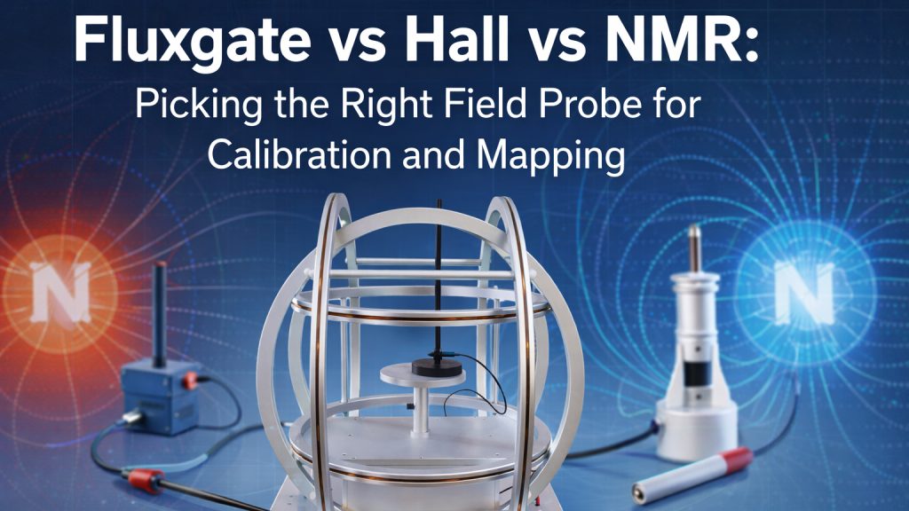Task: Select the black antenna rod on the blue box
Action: (x=161, y=315)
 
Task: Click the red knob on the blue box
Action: (x=188, y=380)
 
